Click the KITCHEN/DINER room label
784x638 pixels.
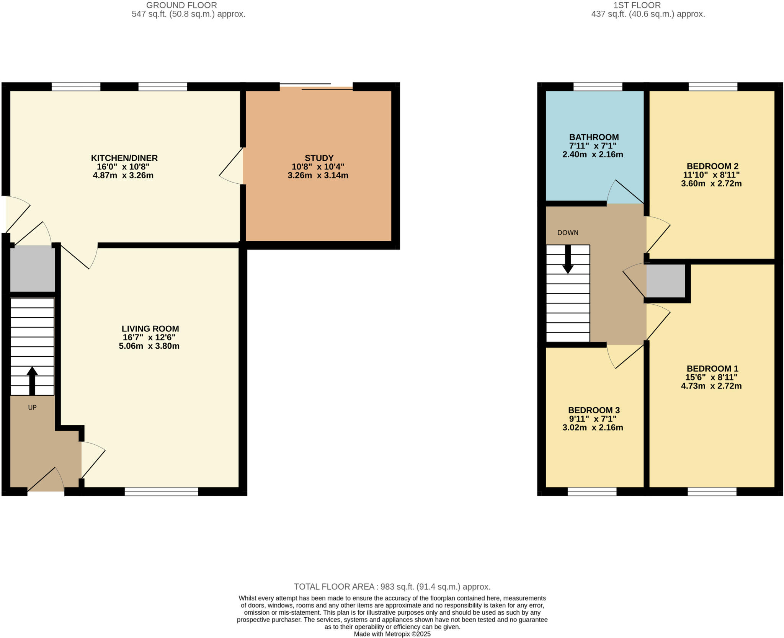(124, 158)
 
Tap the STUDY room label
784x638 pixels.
(319, 158)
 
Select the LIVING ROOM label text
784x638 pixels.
(150, 328)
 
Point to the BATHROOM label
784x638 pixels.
(594, 137)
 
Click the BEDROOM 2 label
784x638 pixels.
(712, 166)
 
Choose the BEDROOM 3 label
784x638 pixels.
(594, 410)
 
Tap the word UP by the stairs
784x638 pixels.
(32, 408)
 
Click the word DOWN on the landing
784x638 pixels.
(568, 233)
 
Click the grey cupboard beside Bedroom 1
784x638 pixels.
(666, 281)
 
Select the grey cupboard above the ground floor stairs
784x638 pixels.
(33, 269)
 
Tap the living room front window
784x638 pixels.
(161, 492)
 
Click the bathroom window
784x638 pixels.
(598, 86)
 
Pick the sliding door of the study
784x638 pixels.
(316, 87)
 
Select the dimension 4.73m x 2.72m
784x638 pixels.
(711, 386)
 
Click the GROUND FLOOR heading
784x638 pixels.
(181, 5)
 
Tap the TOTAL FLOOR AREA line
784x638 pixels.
(392, 587)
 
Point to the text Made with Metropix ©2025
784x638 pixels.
(392, 634)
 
